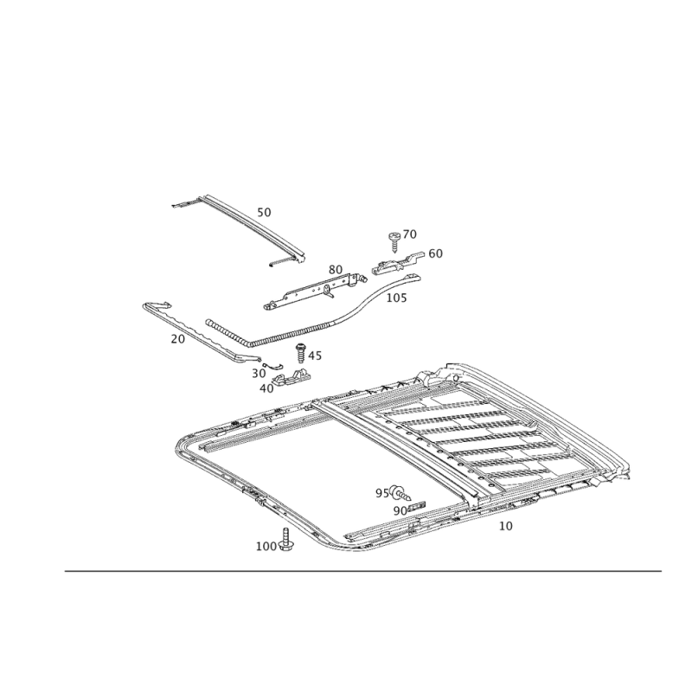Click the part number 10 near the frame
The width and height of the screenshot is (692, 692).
[507, 525]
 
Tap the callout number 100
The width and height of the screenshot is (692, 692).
[266, 546]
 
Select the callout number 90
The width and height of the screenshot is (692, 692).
[400, 510]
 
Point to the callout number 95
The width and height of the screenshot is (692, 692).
[381, 492]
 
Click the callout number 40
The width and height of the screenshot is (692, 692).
[266, 389]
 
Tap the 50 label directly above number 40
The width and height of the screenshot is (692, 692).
[259, 373]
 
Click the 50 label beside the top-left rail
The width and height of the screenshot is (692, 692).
[265, 212]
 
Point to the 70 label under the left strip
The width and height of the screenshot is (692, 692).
[177, 340]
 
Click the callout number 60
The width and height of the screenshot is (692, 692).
[435, 253]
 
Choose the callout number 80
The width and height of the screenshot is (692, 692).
[336, 270]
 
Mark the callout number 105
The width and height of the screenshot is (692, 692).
[395, 297]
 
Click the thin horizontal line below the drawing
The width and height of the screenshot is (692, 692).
[363, 570]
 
